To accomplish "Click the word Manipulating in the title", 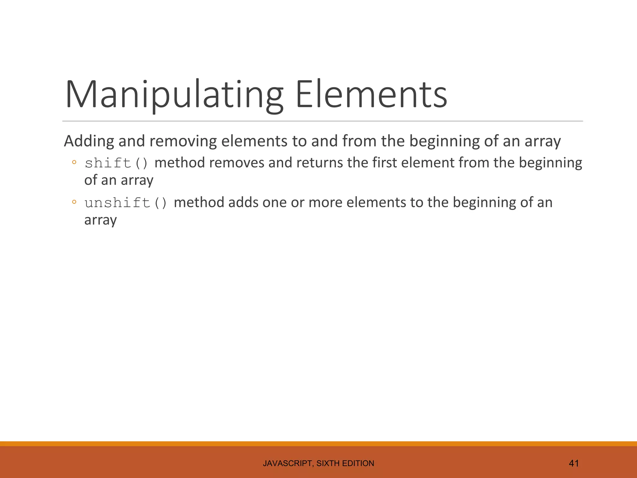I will click(x=174, y=95).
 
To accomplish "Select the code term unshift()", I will click(x=126, y=203).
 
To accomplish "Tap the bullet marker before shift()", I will click(x=74, y=162).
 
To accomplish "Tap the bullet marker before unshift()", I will click(x=74, y=202).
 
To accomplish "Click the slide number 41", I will click(x=574, y=463).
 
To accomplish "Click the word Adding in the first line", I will click(x=89, y=141).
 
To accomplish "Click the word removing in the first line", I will click(x=183, y=141).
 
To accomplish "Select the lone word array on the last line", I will click(x=100, y=220).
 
